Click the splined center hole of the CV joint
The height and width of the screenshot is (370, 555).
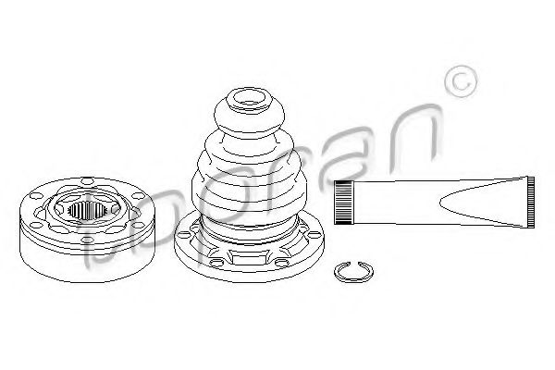coord(87,210)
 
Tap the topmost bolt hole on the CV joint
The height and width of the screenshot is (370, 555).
coord(88,181)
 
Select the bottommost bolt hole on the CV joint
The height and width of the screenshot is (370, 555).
coord(87,240)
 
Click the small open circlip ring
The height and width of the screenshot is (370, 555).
coord(353,272)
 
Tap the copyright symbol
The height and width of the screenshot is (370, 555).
coord(461,81)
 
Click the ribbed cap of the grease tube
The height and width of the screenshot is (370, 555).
coord(344,203)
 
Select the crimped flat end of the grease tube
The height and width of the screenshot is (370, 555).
coord(531,203)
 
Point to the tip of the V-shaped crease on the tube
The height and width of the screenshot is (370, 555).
coord(440,203)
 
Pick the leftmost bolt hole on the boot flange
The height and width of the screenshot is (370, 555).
coord(183,234)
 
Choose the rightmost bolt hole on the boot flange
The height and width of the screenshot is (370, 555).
coord(314,234)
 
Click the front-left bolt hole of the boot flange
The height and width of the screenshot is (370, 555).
coord(216,263)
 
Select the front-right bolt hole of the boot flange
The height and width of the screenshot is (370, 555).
coord(282,263)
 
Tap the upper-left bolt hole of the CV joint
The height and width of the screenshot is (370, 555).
coord(36,195)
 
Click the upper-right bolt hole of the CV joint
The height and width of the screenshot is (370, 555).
coord(139,195)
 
